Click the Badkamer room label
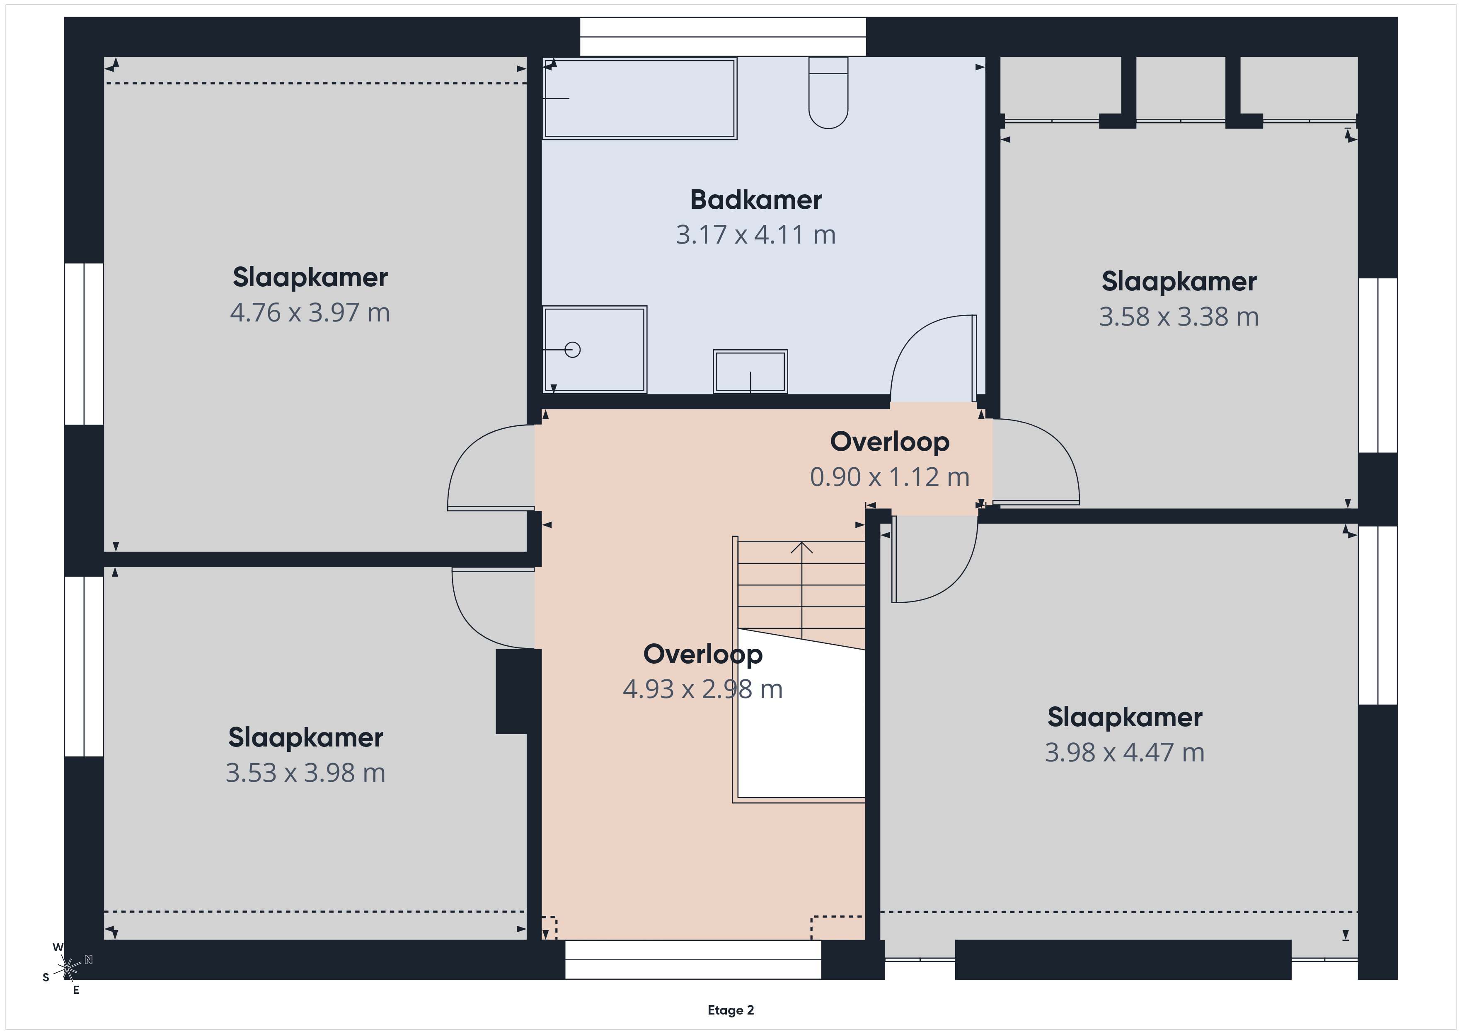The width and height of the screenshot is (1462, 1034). tap(756, 200)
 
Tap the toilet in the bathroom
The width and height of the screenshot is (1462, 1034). tap(828, 93)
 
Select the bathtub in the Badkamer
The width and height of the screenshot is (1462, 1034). tap(640, 99)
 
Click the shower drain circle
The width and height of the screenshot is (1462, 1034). tap(572, 350)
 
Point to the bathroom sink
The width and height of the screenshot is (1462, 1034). tap(750, 371)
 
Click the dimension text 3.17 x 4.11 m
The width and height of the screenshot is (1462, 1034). tap(756, 235)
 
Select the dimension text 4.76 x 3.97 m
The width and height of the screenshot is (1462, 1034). tap(310, 313)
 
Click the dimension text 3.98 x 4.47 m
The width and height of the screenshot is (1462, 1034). tap(1125, 753)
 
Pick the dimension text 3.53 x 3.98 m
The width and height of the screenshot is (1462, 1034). tap(306, 773)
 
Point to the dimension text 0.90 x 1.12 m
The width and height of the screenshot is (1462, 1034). tap(890, 477)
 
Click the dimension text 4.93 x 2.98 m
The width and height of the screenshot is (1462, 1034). tap(703, 689)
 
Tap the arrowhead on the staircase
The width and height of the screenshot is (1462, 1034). tap(802, 547)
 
